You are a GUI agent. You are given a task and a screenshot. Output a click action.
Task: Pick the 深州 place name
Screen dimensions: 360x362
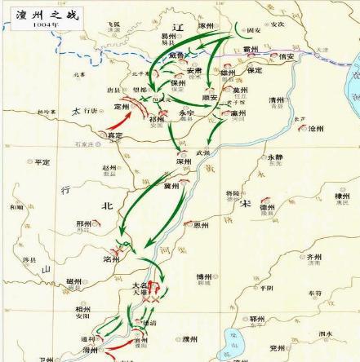point(183,161)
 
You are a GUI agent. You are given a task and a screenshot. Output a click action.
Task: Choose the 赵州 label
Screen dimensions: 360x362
point(110,168)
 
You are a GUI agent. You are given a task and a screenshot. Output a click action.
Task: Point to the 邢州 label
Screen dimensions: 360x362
point(84,223)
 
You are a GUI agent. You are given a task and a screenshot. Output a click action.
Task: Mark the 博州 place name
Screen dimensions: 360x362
point(204,278)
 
